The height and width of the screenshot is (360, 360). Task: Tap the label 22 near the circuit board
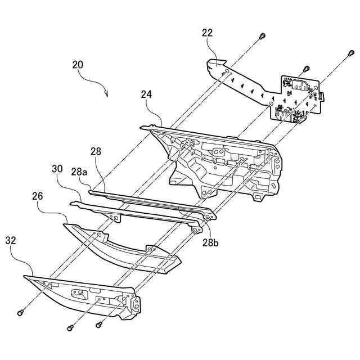click(x=208, y=33)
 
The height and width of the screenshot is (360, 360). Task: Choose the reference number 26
click(x=38, y=197)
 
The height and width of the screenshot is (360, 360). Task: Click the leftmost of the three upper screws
click(x=262, y=36)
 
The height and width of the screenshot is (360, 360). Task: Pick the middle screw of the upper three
click(x=305, y=68)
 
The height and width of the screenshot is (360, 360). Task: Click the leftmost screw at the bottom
click(x=21, y=311)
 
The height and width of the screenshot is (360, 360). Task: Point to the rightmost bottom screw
click(x=100, y=323)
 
